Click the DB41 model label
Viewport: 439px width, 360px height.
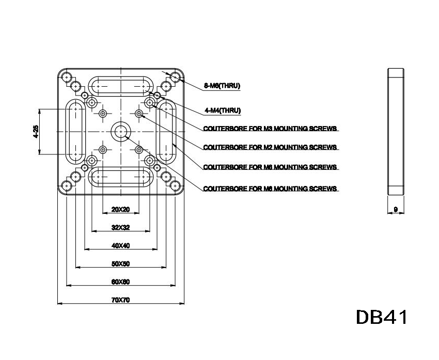click(382, 317)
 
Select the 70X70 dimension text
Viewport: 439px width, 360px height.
click(120, 300)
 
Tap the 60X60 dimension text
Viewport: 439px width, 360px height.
click(120, 281)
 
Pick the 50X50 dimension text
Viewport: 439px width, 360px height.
click(120, 263)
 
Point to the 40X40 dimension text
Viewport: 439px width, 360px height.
click(120, 245)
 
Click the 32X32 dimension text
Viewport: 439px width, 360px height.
click(120, 227)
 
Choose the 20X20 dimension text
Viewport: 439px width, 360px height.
click(120, 210)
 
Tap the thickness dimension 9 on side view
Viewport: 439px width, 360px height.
click(396, 210)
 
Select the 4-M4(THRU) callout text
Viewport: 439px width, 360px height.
click(223, 110)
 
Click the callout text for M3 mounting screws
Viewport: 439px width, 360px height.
click(271, 128)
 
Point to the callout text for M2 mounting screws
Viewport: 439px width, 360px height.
click(271, 147)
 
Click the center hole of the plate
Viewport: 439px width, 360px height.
click(121, 131)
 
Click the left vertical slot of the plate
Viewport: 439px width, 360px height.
click(75, 131)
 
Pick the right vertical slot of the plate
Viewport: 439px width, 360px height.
click(166, 131)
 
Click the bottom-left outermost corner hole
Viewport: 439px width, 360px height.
click(66, 186)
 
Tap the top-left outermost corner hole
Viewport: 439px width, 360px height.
click(66, 77)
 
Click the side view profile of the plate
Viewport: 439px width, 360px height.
click(396, 131)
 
